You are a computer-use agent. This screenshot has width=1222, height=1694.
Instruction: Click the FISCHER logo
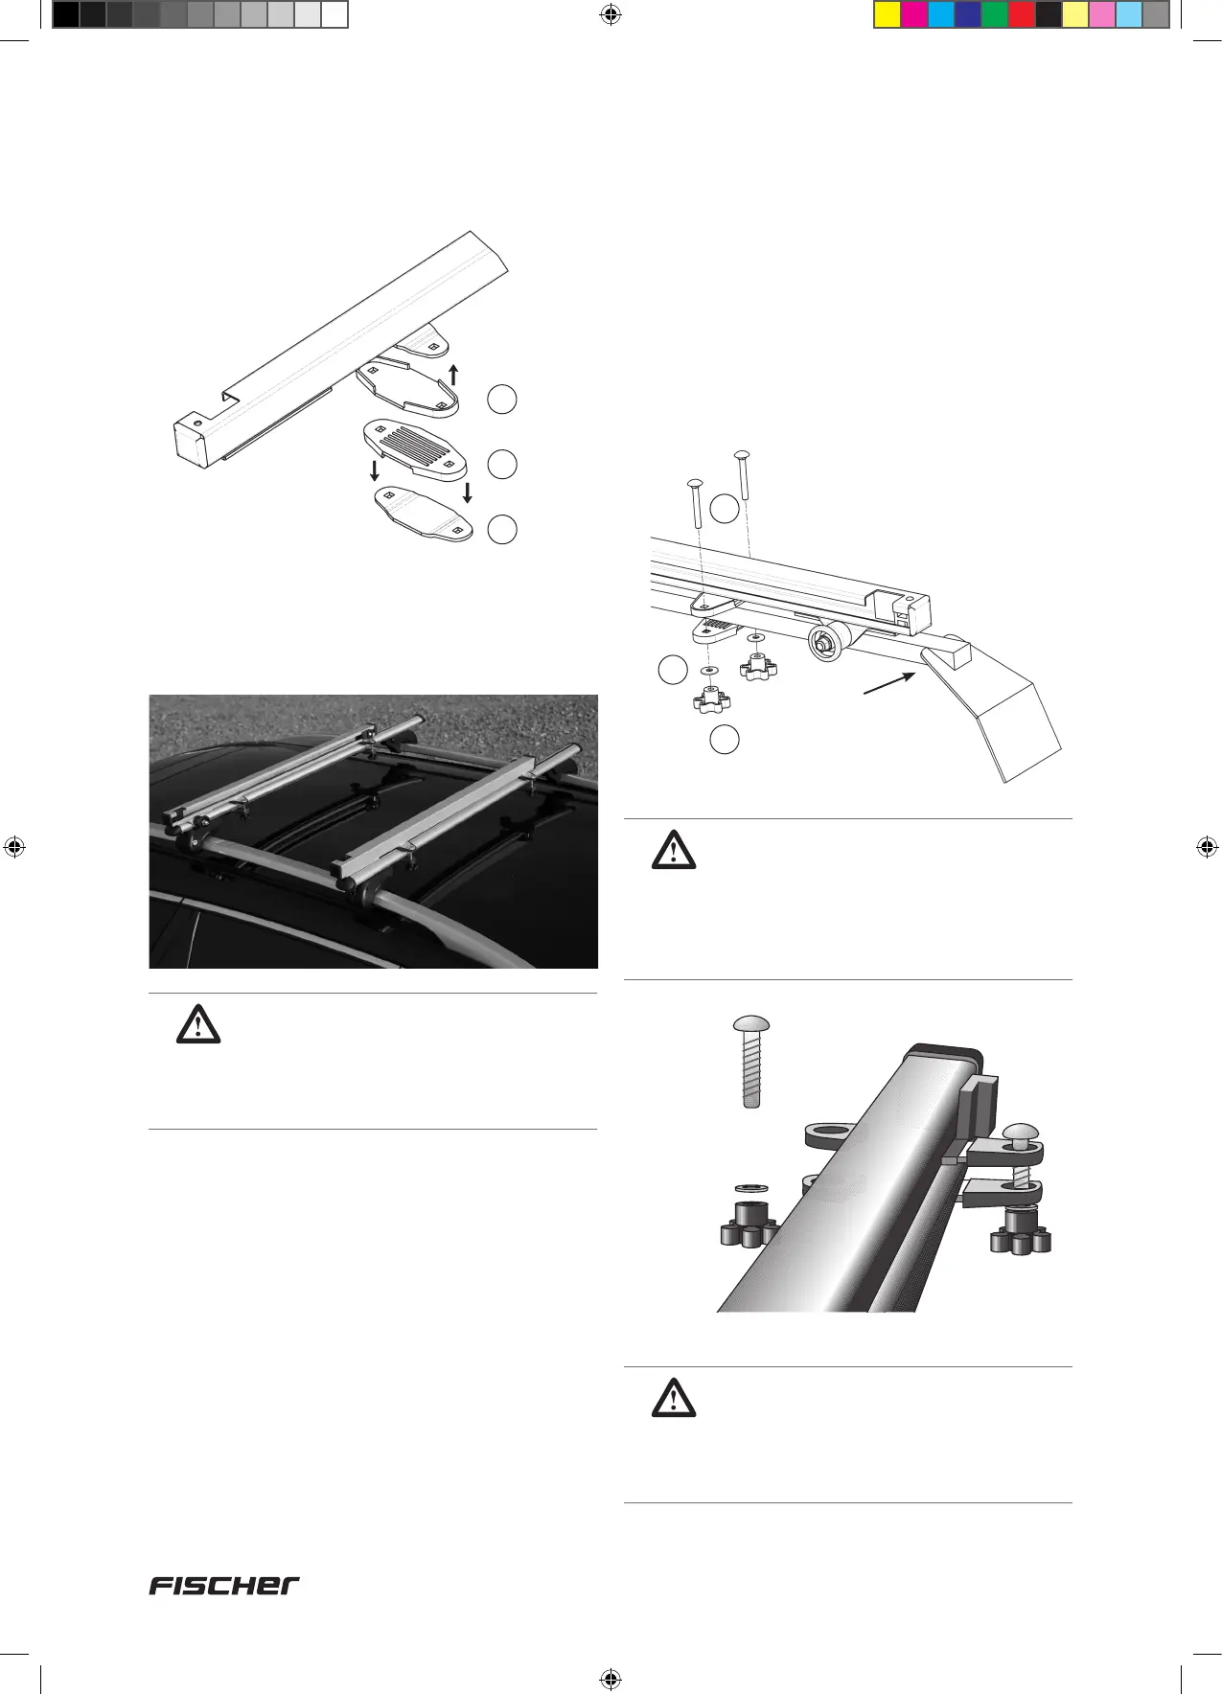click(224, 1585)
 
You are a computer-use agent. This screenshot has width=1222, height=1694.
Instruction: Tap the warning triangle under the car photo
click(198, 1026)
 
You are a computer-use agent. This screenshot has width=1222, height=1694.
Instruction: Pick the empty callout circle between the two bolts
click(726, 509)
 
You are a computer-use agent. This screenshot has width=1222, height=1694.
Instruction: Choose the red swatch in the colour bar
click(1022, 15)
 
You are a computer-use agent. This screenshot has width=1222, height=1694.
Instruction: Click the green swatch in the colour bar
click(995, 15)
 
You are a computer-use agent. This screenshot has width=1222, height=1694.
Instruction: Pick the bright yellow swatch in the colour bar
click(888, 15)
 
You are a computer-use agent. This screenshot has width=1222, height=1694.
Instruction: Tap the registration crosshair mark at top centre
click(611, 14)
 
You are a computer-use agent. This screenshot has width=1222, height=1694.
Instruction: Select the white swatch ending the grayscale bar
click(334, 15)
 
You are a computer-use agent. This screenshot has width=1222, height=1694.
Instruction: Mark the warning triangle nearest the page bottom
click(674, 1400)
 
